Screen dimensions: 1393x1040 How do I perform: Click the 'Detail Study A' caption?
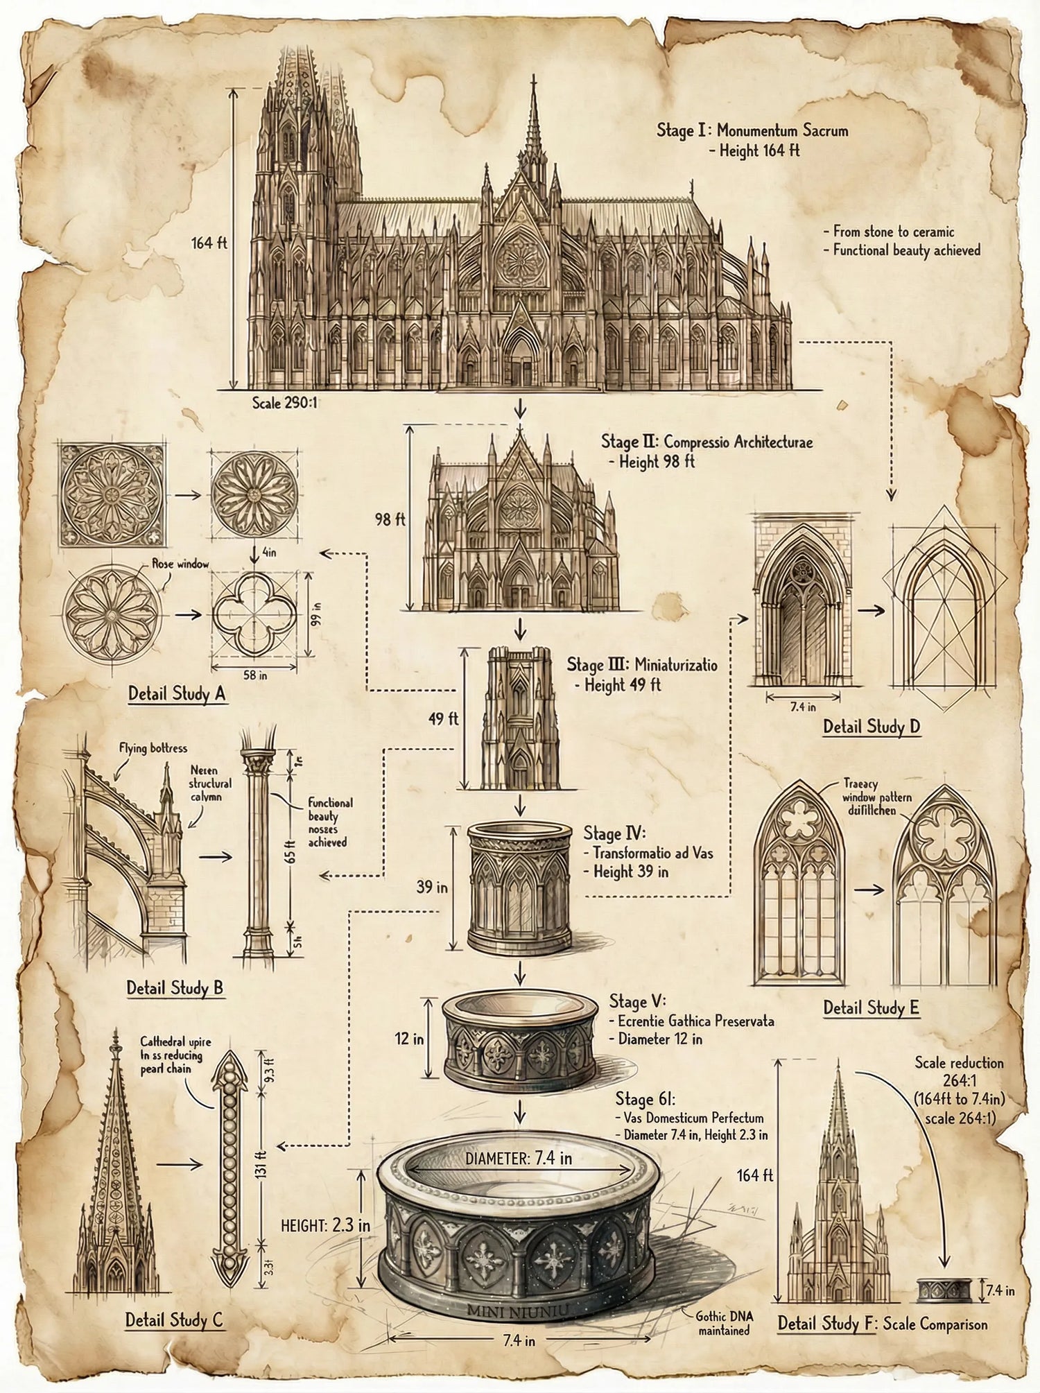point(177,693)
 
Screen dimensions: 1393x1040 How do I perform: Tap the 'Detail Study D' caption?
point(872,727)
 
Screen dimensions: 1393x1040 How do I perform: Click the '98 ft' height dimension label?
point(390,519)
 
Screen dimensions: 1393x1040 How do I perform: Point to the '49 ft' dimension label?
point(443,718)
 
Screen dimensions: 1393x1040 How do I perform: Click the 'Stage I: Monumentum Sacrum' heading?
point(752,130)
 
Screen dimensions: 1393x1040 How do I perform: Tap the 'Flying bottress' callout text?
point(153,748)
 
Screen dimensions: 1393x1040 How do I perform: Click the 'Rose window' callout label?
point(180,564)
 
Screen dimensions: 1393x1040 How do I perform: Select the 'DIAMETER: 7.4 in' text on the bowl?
point(519,1158)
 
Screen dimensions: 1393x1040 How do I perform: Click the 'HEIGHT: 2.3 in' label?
point(325,1225)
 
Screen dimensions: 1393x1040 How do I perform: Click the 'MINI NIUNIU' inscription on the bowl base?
point(518,1310)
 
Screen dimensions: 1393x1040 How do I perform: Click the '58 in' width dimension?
point(253,675)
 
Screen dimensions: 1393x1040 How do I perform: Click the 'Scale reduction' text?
point(959,1062)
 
